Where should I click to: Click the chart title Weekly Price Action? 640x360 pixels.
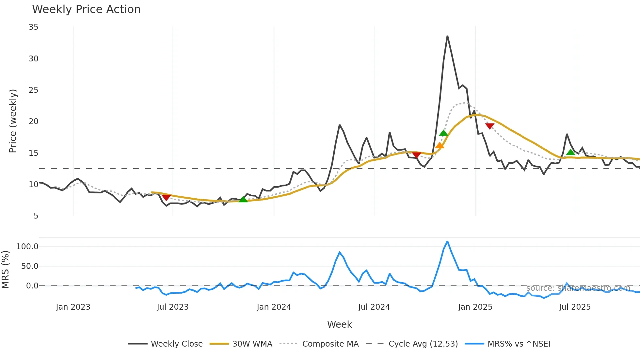click(x=86, y=9)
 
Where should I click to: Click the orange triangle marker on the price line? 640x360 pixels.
click(x=440, y=146)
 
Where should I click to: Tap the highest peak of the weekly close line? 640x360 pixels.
click(x=447, y=36)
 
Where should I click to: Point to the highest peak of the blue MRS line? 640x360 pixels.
click(x=447, y=242)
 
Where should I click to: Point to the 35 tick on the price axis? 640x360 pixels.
click(x=33, y=27)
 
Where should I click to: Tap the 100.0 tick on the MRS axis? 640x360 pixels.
click(x=27, y=247)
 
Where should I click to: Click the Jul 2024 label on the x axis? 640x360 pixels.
click(x=374, y=307)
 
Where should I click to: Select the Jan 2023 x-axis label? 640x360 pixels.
click(x=73, y=307)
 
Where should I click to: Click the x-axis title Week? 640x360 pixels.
click(x=339, y=324)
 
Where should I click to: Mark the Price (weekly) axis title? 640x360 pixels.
click(x=13, y=121)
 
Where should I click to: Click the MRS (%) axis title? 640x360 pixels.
click(x=5, y=270)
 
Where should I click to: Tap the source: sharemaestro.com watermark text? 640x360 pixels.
click(x=578, y=288)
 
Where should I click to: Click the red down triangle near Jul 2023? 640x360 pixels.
click(x=166, y=197)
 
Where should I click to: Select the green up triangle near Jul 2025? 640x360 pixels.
click(x=570, y=152)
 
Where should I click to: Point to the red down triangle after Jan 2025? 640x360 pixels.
click(x=489, y=126)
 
